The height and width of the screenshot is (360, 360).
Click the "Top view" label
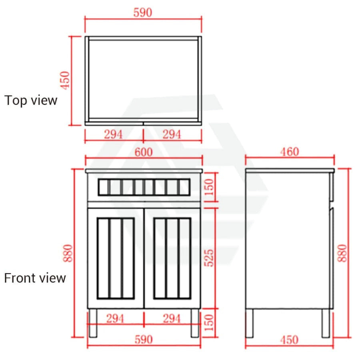tap(31, 100)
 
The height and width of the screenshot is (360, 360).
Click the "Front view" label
tap(35, 278)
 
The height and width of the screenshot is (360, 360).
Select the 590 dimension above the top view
tap(142, 13)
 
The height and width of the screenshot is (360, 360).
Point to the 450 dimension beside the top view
tap(65, 80)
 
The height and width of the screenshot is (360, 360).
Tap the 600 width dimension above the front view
tap(144, 152)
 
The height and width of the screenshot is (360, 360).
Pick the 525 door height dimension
tap(209, 258)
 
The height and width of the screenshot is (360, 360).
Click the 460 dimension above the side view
tap(290, 152)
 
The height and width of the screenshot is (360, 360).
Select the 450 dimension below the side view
tap(289, 340)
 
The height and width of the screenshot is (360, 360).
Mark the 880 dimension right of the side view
tap(342, 253)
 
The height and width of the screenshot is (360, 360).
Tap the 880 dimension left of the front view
tap(68, 253)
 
